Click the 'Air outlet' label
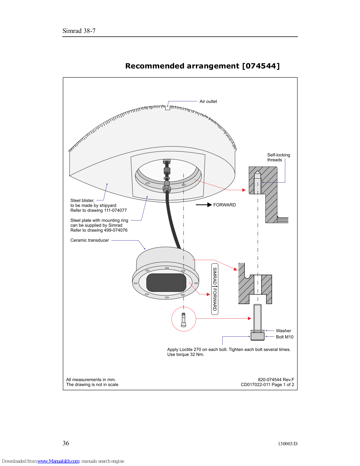(x=208, y=101)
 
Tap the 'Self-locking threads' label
(x=279, y=157)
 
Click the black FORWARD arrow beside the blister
(x=204, y=205)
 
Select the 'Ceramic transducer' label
(x=90, y=240)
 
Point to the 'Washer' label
(x=283, y=331)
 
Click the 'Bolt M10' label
(x=285, y=337)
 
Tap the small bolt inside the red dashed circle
(x=183, y=320)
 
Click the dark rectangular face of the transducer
(x=166, y=283)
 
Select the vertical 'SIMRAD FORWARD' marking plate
(x=215, y=289)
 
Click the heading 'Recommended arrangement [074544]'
(x=202, y=66)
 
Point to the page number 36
(x=66, y=443)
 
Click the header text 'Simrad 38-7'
(x=79, y=31)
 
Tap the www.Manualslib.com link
(x=58, y=461)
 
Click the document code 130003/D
(x=288, y=444)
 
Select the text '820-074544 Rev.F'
(x=276, y=379)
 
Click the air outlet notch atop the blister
(x=168, y=108)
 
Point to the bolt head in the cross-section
(x=258, y=336)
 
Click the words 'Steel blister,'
(x=82, y=200)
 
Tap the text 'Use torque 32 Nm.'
(x=186, y=354)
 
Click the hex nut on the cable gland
(x=167, y=188)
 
